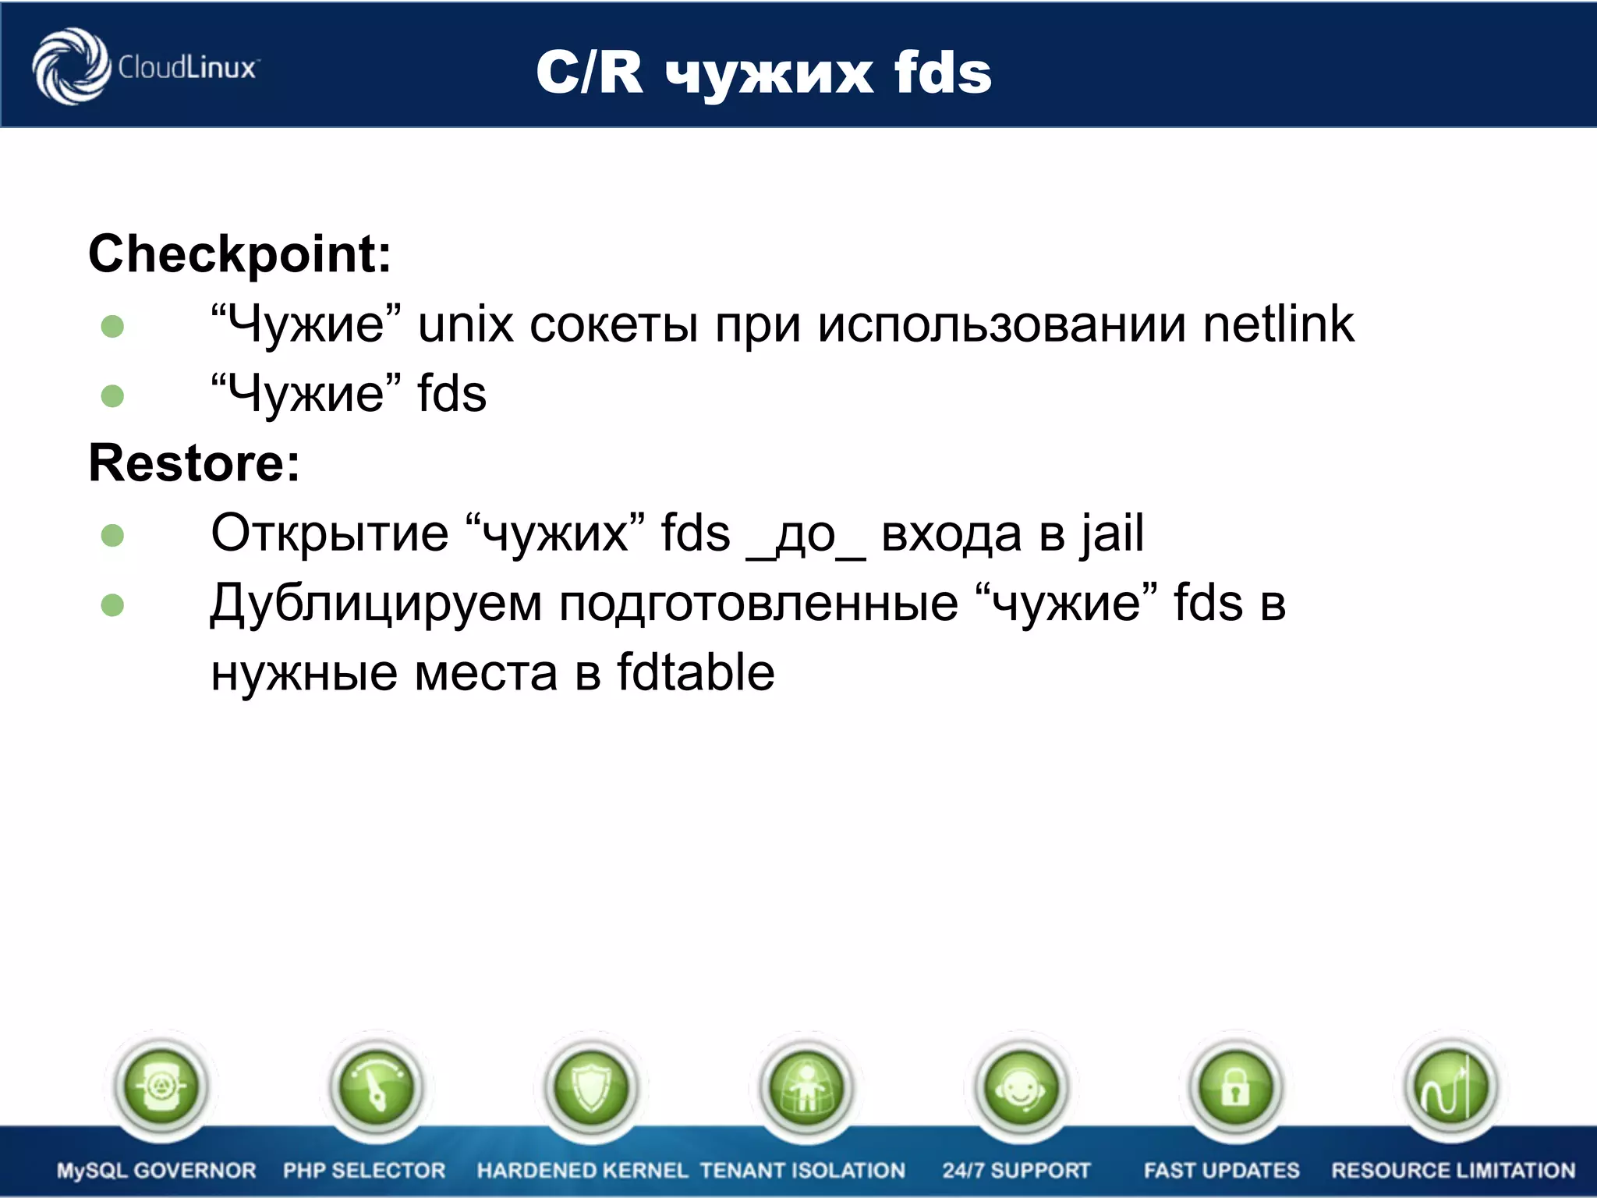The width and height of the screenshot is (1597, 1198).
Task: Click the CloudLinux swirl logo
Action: pos(71,66)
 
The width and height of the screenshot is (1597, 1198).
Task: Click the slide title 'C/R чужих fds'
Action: pos(763,73)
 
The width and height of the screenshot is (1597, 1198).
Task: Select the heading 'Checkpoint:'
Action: pos(239,254)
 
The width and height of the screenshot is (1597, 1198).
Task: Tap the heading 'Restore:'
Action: pos(194,463)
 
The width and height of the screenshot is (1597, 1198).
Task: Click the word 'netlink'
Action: pos(1278,324)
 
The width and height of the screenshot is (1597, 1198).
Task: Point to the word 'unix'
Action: pos(466,324)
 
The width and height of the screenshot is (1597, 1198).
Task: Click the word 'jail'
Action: pos(1112,534)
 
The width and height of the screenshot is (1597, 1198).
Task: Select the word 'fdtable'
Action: pos(696,672)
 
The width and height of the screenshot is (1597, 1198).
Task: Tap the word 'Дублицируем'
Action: pos(376,604)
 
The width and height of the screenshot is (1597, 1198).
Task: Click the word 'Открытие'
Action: pos(329,534)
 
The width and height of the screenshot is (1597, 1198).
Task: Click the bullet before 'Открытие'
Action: pos(113,536)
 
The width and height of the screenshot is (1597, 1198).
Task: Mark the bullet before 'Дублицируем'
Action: pos(113,605)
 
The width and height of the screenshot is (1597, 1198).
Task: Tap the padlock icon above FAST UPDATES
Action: pos(1235,1086)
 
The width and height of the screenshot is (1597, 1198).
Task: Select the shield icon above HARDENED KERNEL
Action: pos(591,1086)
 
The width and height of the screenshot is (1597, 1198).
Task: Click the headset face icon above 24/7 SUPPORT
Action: pos(1021,1086)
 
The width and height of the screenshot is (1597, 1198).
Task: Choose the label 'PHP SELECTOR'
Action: pos(364,1170)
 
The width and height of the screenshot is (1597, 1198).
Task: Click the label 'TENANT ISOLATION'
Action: pos(802,1170)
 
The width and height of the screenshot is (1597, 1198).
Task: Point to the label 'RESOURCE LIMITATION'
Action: pos(1453,1170)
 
